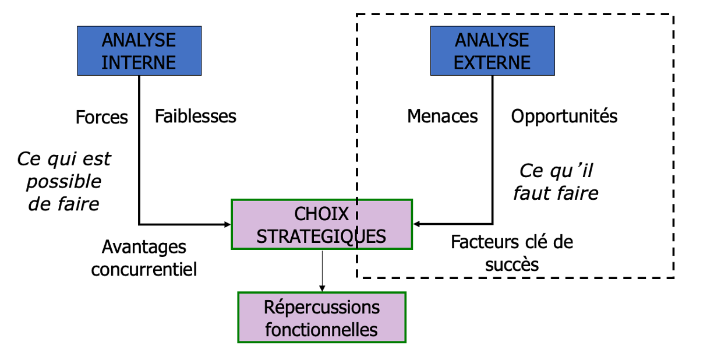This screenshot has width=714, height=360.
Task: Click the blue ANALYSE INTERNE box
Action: [139, 51]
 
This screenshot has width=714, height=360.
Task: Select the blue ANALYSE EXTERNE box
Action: [492, 51]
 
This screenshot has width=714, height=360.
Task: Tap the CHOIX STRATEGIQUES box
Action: [321, 224]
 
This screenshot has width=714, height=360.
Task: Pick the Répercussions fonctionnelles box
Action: [321, 317]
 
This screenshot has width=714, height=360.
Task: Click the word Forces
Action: [102, 117]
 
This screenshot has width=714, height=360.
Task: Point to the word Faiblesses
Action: [196, 116]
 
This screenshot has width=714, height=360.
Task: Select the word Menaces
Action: [443, 117]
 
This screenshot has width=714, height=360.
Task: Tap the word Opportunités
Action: [564, 116]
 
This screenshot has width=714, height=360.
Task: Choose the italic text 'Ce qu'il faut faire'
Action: [556, 182]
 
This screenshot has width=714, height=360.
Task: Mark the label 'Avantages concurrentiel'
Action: [144, 258]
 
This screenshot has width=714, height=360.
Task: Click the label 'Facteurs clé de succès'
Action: [512, 253]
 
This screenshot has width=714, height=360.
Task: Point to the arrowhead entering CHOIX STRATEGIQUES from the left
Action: [228, 224]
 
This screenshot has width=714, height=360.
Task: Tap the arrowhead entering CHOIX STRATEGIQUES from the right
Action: [417, 224]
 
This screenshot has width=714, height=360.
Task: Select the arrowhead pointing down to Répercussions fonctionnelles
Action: [321, 288]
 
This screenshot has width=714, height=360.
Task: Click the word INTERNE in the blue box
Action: [139, 62]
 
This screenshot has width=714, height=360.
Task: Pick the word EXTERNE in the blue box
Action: [492, 62]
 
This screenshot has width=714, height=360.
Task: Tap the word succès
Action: [512, 264]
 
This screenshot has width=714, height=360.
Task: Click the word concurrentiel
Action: [144, 270]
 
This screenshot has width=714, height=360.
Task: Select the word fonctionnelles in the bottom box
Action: [321, 330]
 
